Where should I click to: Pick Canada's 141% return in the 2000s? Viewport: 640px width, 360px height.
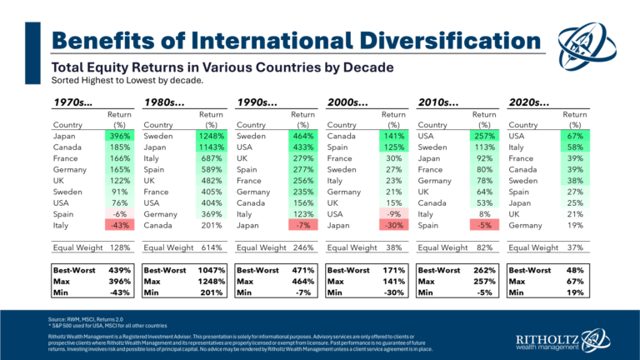point(391,135)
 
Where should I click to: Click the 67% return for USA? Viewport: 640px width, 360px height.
point(575,135)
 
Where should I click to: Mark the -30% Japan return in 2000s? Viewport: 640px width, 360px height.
point(391,226)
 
